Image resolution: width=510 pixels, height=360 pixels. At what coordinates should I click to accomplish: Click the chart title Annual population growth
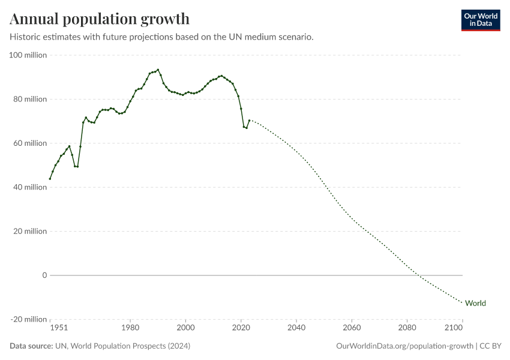[x=100, y=19]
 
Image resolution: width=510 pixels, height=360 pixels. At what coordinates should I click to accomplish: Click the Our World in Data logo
[x=480, y=20]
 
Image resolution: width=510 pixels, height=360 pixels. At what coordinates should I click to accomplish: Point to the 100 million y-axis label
[x=29, y=55]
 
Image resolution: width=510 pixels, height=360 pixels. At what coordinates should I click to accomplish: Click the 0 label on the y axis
[x=44, y=275]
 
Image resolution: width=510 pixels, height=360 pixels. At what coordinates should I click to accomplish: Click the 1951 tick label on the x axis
[x=58, y=328]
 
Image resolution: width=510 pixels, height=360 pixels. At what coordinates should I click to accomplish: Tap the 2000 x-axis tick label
[x=186, y=328]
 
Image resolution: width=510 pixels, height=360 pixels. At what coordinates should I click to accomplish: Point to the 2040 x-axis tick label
[x=296, y=328]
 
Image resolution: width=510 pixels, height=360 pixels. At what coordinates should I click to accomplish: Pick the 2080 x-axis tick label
[x=407, y=328]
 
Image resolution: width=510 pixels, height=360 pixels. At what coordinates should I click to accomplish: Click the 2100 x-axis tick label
[x=454, y=328]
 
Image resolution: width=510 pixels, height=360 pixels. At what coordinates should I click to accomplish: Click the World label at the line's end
[x=475, y=303]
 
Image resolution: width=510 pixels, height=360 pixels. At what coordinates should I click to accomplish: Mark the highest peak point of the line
[x=158, y=70]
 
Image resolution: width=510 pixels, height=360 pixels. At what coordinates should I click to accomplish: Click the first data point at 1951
[x=50, y=179]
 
